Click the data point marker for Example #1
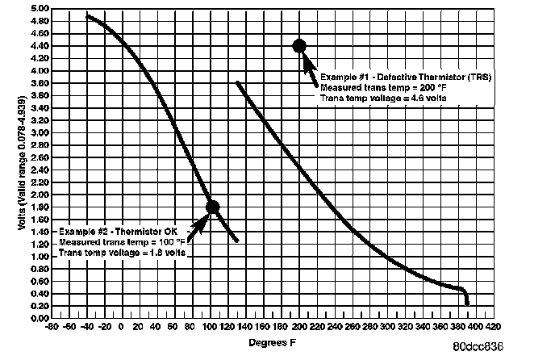tap(299, 46)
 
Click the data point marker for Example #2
tap(212, 207)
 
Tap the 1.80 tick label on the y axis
tap(38, 207)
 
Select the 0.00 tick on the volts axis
tap(38, 318)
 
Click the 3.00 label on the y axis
tap(38, 132)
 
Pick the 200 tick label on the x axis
tap(299, 327)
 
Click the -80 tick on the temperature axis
tap(52, 327)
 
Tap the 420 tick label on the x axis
tap(491, 327)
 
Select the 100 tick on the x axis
tap(210, 327)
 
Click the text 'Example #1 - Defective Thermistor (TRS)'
tap(406, 77)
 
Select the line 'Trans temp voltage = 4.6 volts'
tap(384, 98)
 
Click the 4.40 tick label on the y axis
tap(38, 46)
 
